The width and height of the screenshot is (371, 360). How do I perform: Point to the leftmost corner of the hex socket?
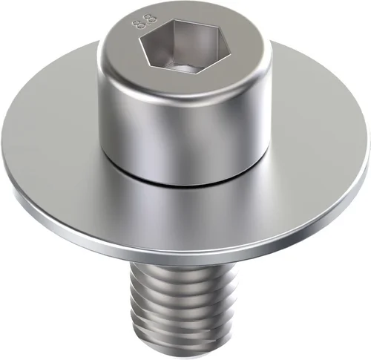pyautogui.click(x=139, y=39)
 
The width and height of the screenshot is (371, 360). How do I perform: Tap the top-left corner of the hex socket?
pyautogui.click(x=174, y=19)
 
